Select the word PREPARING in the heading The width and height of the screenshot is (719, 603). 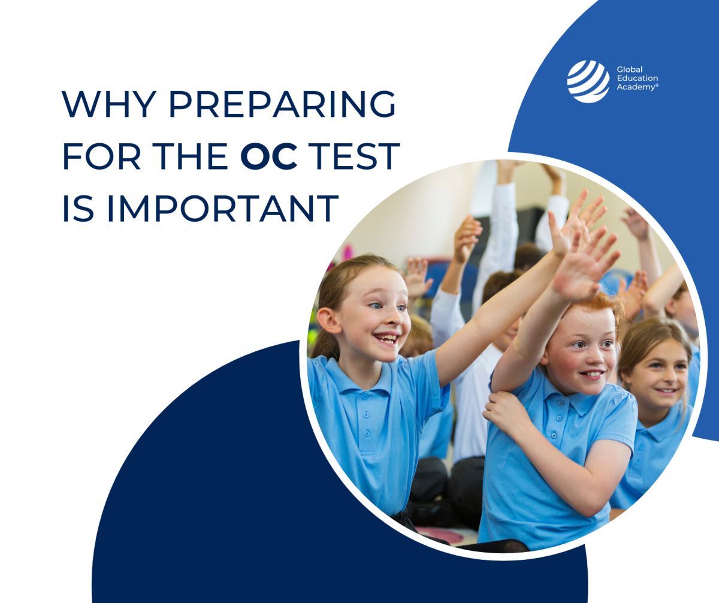[x=282, y=105]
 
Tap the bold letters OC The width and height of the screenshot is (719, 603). [x=269, y=156]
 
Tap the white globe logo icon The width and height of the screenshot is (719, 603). [x=588, y=81]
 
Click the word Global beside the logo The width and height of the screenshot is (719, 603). [x=629, y=70]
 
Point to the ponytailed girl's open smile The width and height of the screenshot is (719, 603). [x=388, y=339]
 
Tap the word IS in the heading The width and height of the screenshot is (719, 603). [x=74, y=209]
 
